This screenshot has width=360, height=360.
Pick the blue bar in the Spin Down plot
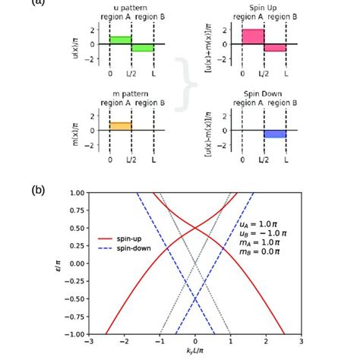276,134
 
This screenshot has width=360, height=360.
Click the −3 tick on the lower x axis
89,343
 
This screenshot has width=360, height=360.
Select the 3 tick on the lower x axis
302,343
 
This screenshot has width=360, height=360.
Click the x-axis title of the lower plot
196,354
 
